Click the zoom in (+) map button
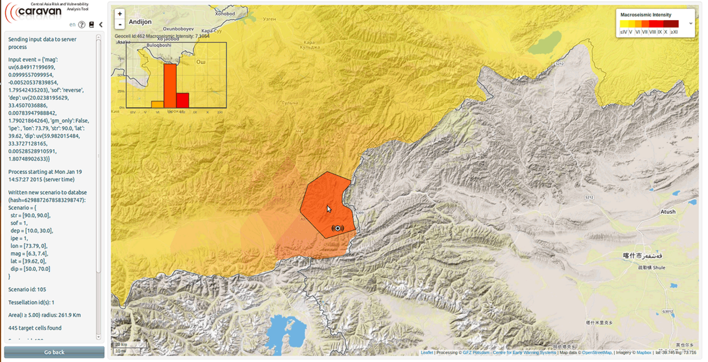(x=120, y=14)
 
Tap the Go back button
(x=54, y=352)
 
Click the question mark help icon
(x=81, y=25)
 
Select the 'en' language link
(x=72, y=25)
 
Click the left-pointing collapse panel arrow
(x=101, y=25)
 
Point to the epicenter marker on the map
(x=337, y=229)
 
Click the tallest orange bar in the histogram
(x=170, y=86)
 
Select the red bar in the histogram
(x=183, y=100)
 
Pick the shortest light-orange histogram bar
(x=157, y=104)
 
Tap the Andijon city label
(x=140, y=22)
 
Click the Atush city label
(x=668, y=212)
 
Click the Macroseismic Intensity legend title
(x=646, y=15)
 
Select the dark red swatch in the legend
(x=671, y=24)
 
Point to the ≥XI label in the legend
(x=674, y=32)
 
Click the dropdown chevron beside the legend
(x=691, y=24)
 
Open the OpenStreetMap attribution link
(x=597, y=353)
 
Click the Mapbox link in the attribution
(x=643, y=353)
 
